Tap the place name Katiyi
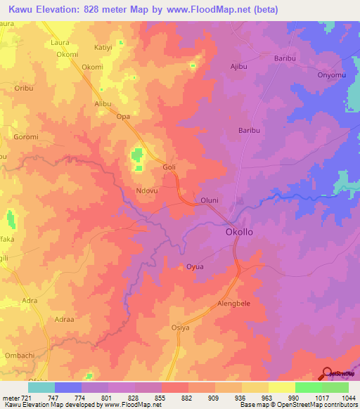[x=105, y=48]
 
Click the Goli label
[x=169, y=168]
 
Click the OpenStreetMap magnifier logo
[x=326, y=373]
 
